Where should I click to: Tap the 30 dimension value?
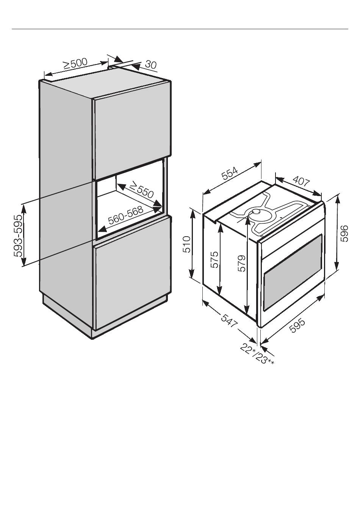click(x=150, y=65)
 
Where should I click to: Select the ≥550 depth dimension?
click(x=141, y=190)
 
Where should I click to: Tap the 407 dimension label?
click(x=301, y=182)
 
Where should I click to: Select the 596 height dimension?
click(x=344, y=234)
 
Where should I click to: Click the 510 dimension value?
click(x=186, y=245)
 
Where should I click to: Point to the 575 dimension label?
click(x=214, y=259)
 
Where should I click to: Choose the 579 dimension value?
click(x=241, y=263)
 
